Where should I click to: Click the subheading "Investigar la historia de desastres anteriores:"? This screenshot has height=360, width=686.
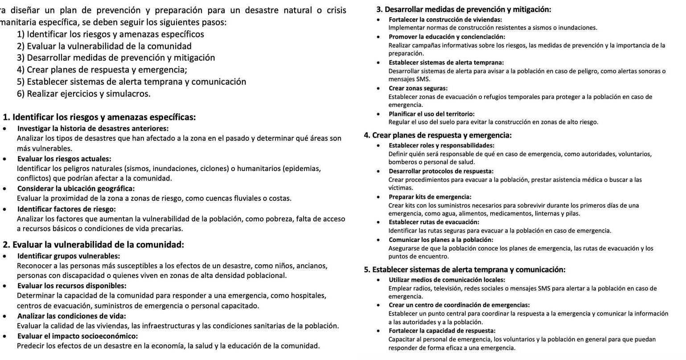point(93,129)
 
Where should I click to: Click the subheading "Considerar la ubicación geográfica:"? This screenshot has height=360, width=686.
point(76,188)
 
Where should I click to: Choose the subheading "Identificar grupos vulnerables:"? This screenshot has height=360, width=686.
point(68,256)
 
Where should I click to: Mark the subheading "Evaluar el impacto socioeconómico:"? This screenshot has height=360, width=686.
point(78,336)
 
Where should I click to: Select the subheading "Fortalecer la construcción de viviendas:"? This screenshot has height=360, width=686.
point(445,20)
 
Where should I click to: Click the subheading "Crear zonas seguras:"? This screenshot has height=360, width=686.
point(418,88)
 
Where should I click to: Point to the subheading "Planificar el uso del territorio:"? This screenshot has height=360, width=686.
point(431,114)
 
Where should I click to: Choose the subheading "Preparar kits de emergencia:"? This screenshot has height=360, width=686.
point(430,197)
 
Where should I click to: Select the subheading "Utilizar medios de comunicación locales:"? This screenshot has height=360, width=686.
point(447,280)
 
